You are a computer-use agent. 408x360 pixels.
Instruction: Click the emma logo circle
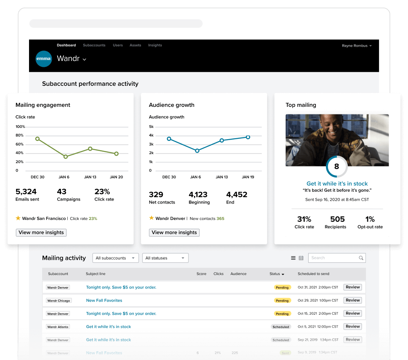44,59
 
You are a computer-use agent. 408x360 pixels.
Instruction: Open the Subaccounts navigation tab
94,45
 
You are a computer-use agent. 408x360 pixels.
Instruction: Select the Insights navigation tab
155,45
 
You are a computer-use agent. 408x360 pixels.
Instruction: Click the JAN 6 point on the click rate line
66,156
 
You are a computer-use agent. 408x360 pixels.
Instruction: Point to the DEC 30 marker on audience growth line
169,139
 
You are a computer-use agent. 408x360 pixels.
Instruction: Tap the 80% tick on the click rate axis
20,135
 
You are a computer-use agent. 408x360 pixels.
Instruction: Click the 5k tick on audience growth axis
151,127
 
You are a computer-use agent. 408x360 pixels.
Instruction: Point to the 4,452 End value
237,195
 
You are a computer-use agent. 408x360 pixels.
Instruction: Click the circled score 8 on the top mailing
336,167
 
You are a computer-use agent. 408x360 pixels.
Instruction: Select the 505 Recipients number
337,219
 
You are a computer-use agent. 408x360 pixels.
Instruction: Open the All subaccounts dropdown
115,258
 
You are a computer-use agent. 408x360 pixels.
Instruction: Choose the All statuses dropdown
165,258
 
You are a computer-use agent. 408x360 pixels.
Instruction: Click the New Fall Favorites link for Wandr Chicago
104,301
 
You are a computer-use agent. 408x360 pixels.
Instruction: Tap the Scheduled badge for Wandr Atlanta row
281,327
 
